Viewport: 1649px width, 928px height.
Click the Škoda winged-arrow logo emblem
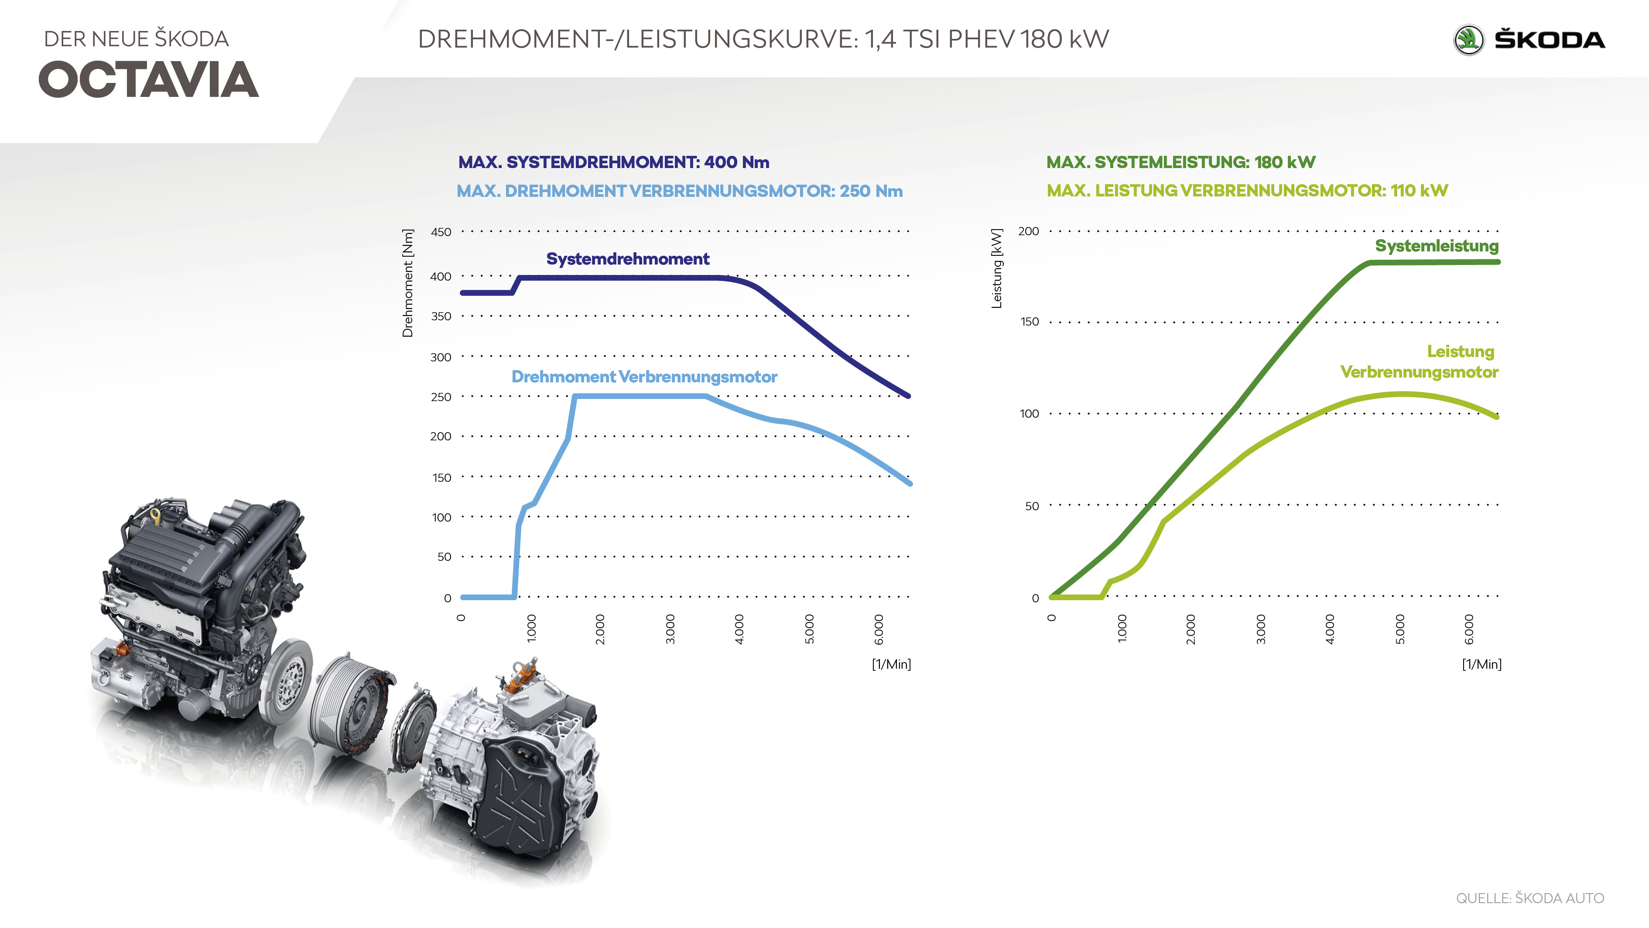(x=1468, y=40)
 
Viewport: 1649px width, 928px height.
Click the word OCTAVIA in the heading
(x=148, y=80)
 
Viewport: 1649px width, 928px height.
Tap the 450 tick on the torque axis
(x=441, y=232)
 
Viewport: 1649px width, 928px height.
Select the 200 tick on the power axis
(x=1029, y=231)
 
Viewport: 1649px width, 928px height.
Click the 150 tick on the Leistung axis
(x=1030, y=322)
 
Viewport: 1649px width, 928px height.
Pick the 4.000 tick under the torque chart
(x=739, y=629)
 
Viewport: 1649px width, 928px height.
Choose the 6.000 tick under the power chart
(x=1469, y=629)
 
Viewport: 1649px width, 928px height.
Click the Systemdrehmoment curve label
(x=627, y=259)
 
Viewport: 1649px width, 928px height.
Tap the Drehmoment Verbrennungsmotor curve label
(x=644, y=377)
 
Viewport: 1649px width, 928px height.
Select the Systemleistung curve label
(x=1437, y=246)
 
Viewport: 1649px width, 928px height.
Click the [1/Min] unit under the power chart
(x=1481, y=664)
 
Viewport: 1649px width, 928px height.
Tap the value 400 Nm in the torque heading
(x=736, y=162)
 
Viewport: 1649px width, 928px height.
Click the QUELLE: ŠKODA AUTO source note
(x=1530, y=898)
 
